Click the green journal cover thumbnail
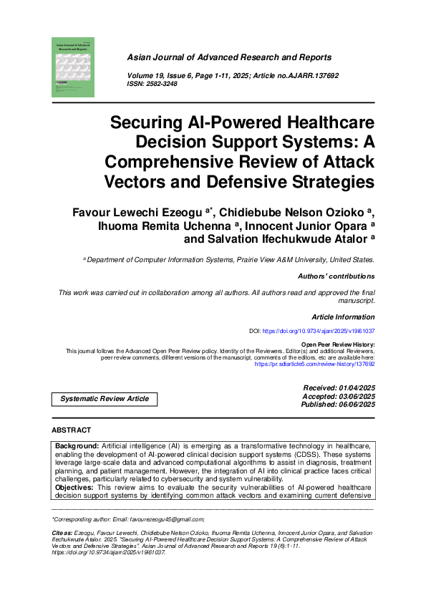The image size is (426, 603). point(72,67)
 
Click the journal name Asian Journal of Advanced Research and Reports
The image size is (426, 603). point(229,57)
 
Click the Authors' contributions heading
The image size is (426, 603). point(335,276)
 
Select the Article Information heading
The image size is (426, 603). point(343,316)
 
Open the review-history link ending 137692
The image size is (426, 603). point(315,364)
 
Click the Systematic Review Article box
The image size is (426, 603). point(105,398)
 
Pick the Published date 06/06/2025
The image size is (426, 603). point(360,405)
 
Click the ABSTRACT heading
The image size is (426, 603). point(72,430)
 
